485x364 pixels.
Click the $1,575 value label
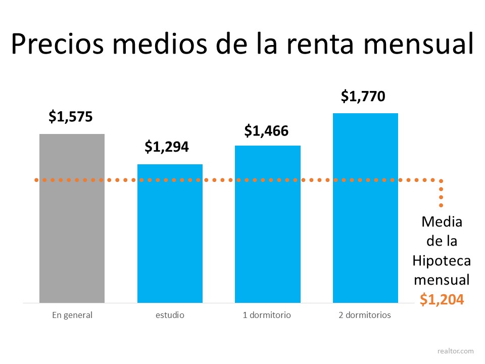click(71, 117)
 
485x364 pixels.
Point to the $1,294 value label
click(167, 147)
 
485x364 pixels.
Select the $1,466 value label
click(266, 131)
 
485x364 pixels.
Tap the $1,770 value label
click(363, 96)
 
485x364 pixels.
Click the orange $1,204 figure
click(442, 299)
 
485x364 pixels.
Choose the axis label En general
click(72, 315)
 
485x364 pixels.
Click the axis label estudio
click(170, 315)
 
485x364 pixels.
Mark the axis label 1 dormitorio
click(267, 315)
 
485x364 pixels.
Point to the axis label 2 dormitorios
click(365, 315)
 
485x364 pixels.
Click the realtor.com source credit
click(456, 350)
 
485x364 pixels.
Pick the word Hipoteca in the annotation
click(442, 260)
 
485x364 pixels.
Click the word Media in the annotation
click(442, 221)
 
